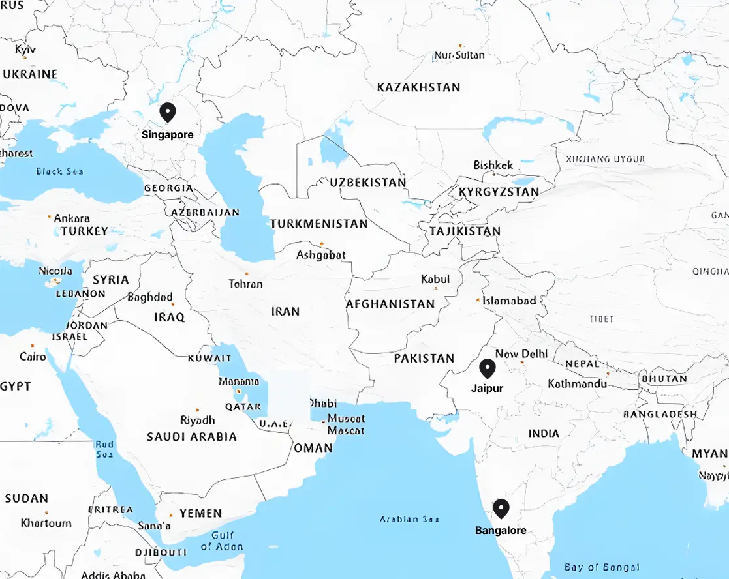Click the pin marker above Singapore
point(168,112)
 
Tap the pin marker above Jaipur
point(487,368)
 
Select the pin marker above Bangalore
point(501,508)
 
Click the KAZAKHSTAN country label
point(418,87)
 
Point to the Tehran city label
point(246,284)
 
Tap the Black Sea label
point(59,171)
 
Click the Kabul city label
point(435,279)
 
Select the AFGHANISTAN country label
point(390,304)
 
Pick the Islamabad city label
point(509,301)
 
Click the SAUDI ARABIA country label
point(191,437)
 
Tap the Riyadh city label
point(197,420)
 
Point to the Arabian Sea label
point(409,519)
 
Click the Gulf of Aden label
point(222,541)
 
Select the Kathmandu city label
point(578,383)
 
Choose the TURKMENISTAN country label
point(319,224)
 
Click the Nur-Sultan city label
point(459,55)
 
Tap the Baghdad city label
point(150,297)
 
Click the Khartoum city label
point(46,523)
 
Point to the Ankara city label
point(72,218)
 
